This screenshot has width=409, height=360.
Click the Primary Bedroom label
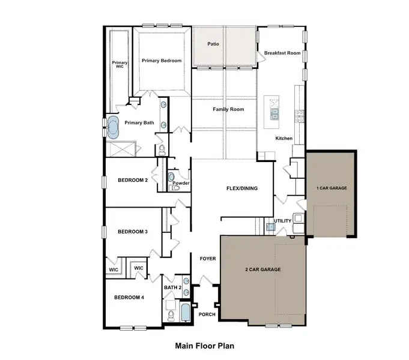(162, 61)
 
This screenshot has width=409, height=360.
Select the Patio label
(213, 44)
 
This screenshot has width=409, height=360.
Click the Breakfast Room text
(282, 53)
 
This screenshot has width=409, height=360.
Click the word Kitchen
(283, 139)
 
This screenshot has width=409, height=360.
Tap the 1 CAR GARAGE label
(332, 188)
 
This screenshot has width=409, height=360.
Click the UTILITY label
(282, 221)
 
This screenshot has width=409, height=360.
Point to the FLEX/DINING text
(241, 188)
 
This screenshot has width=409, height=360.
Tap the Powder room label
(181, 183)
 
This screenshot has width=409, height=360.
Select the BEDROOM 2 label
(133, 181)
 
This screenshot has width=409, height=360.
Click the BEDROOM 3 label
(133, 232)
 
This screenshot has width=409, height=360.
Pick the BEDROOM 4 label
(129, 298)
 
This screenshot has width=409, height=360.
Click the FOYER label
(207, 258)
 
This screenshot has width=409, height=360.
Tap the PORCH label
(207, 314)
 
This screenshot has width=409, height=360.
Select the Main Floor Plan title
(204, 346)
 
